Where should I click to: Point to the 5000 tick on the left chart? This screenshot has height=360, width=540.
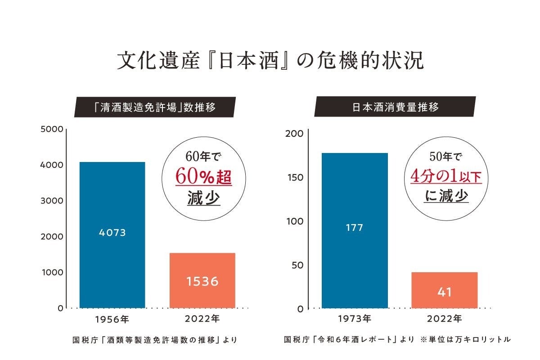coord(52,129)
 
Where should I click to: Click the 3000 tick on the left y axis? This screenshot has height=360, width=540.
coord(52,201)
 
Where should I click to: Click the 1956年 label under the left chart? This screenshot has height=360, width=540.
coord(112,319)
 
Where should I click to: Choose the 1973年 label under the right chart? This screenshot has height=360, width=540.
coord(355,319)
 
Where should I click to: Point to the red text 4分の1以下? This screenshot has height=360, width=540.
coord(446,176)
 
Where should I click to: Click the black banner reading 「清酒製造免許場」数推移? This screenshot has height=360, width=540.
coord(155,107)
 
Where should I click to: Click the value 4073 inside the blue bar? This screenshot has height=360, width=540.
coord(112,233)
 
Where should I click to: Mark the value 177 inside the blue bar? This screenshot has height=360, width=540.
coord(355,228)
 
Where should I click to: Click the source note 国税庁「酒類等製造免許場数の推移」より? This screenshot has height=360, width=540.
coord(155,340)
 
